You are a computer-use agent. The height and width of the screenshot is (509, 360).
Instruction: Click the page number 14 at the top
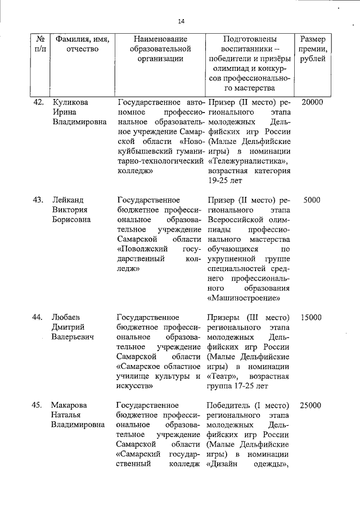tap(181, 21)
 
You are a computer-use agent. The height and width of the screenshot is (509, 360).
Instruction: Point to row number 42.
tap(38, 102)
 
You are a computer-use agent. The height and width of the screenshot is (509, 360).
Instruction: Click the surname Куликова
tap(70, 102)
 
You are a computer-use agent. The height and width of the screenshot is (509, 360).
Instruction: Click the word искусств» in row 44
tap(136, 386)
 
